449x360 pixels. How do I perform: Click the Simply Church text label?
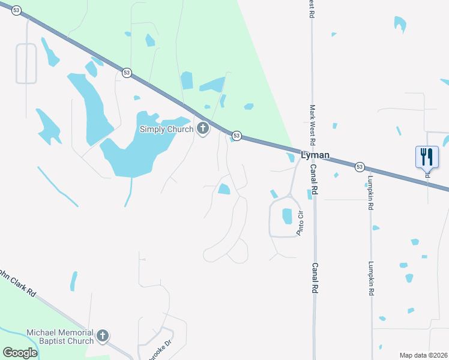pos(166,129)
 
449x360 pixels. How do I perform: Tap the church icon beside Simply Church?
pos(203,128)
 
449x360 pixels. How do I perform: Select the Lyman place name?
pos(315,155)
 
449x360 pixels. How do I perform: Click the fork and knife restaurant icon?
pos(427,157)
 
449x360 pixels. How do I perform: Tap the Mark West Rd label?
pos(312,126)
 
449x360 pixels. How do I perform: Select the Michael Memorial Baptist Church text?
pos(60,337)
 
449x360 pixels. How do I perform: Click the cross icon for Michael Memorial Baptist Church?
pos(103,336)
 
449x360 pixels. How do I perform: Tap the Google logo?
pos(20,353)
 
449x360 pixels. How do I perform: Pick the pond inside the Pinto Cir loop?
pos(287,216)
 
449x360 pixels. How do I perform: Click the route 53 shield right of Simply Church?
pos(237,136)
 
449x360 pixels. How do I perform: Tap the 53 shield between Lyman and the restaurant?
pos(360,166)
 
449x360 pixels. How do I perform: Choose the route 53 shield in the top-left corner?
pos(16,10)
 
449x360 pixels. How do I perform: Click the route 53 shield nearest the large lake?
pos(126,72)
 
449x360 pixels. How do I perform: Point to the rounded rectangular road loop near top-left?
pos(26,64)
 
